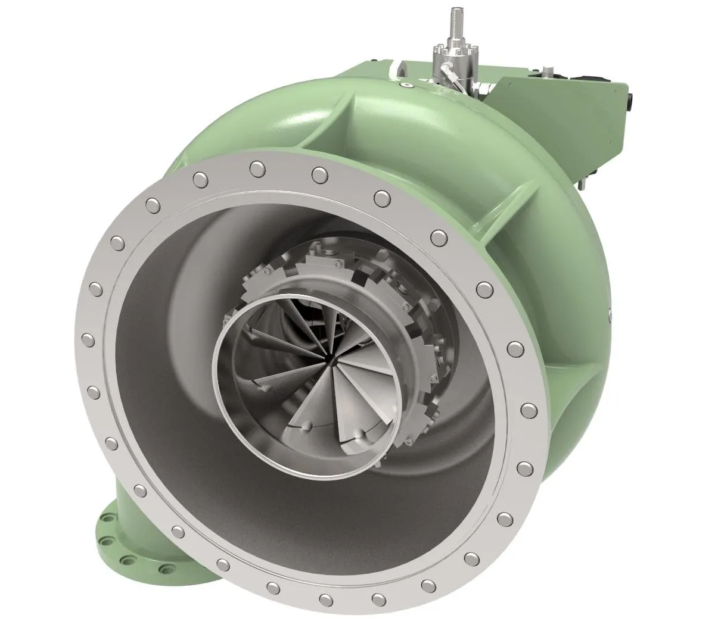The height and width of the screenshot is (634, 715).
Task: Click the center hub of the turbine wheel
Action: [x=329, y=360]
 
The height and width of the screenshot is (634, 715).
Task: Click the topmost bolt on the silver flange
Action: [x=257, y=168]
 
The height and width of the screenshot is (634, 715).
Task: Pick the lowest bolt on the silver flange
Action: [x=325, y=599]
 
